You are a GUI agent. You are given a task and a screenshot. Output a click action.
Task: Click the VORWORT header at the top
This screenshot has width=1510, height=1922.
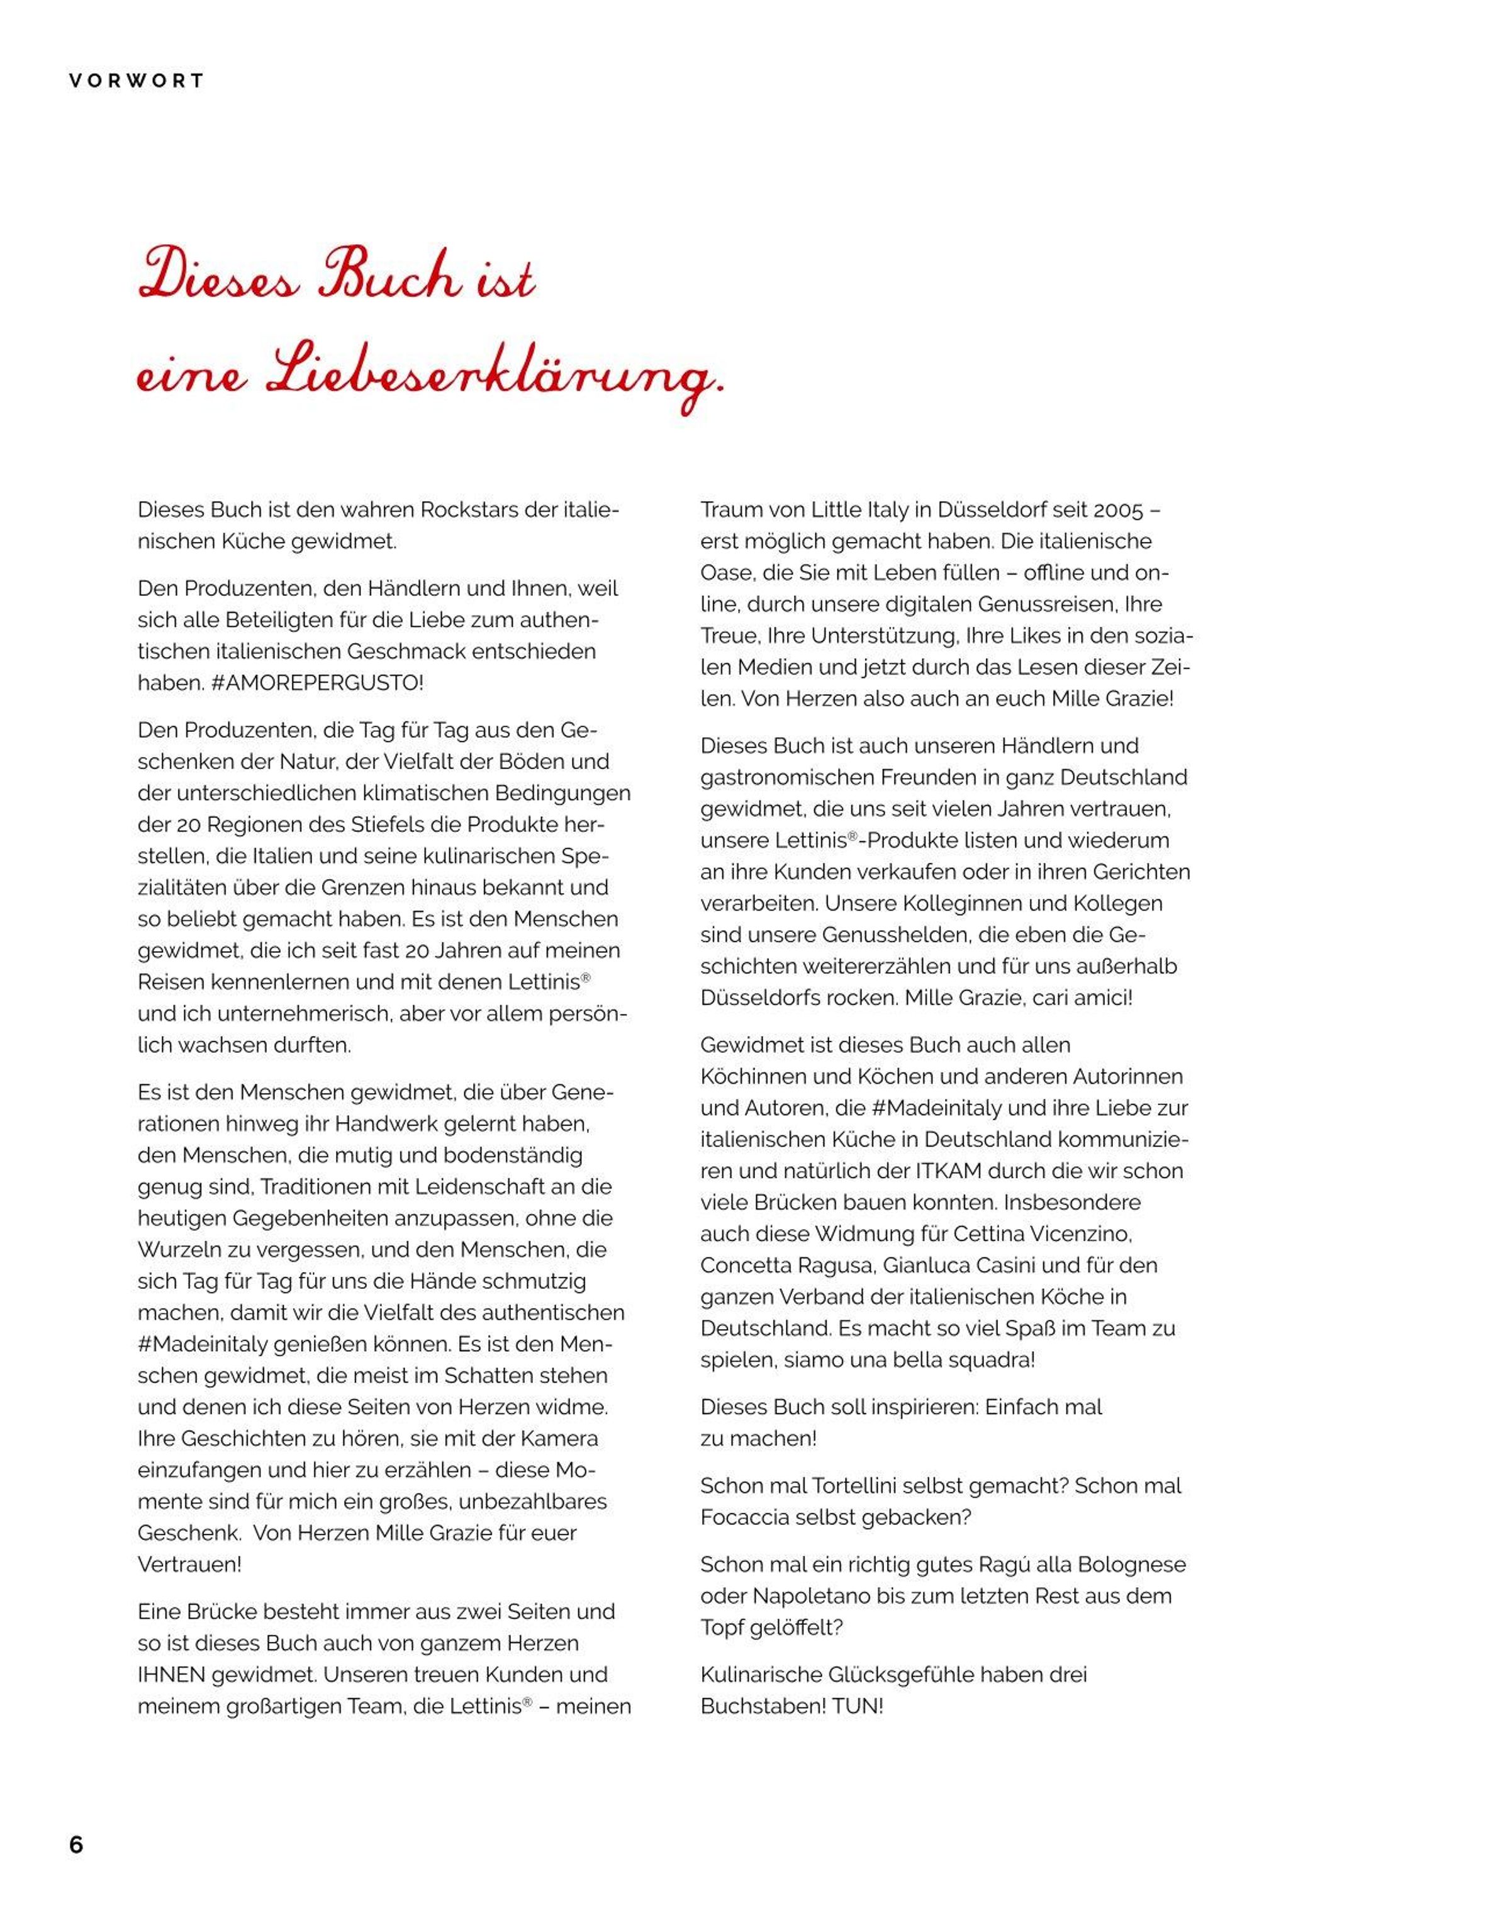pos(137,81)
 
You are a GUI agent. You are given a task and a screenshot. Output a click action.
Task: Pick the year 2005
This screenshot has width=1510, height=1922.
pos(1119,511)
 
